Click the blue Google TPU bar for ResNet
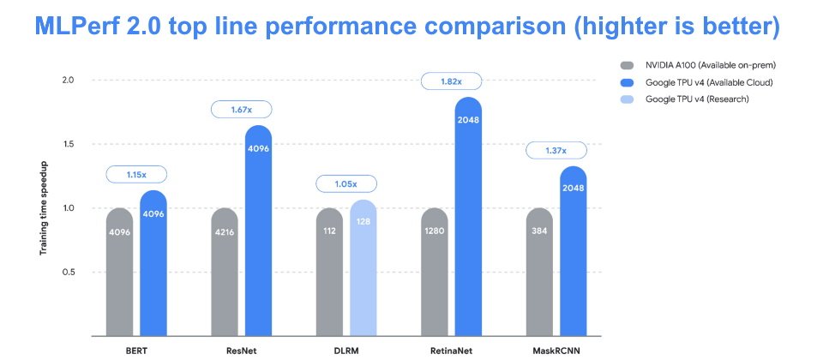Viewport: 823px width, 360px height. pos(258,231)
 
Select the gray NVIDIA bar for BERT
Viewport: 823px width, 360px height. pos(120,272)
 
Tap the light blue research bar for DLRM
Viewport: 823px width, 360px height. pos(363,267)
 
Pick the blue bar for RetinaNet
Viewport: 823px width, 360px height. pos(468,216)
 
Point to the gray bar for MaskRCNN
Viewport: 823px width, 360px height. pos(539,272)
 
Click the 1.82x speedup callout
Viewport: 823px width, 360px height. pos(452,81)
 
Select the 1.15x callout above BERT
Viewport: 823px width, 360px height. pos(136,174)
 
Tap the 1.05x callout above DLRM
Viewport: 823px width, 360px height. pos(346,183)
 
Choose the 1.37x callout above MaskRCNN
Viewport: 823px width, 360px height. pos(556,151)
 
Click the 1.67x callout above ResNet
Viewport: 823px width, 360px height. pos(242,110)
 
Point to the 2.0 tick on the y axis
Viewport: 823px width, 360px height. pos(69,81)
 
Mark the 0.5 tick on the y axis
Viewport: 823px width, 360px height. pos(69,272)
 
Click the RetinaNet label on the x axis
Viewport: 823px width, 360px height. pos(452,349)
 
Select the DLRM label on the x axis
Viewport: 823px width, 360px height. pos(346,349)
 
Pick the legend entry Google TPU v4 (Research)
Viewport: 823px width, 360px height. pos(684,99)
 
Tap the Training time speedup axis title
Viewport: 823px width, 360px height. pos(44,208)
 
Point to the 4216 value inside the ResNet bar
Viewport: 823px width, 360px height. pos(225,231)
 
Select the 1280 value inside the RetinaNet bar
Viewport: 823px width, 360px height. pos(435,231)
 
